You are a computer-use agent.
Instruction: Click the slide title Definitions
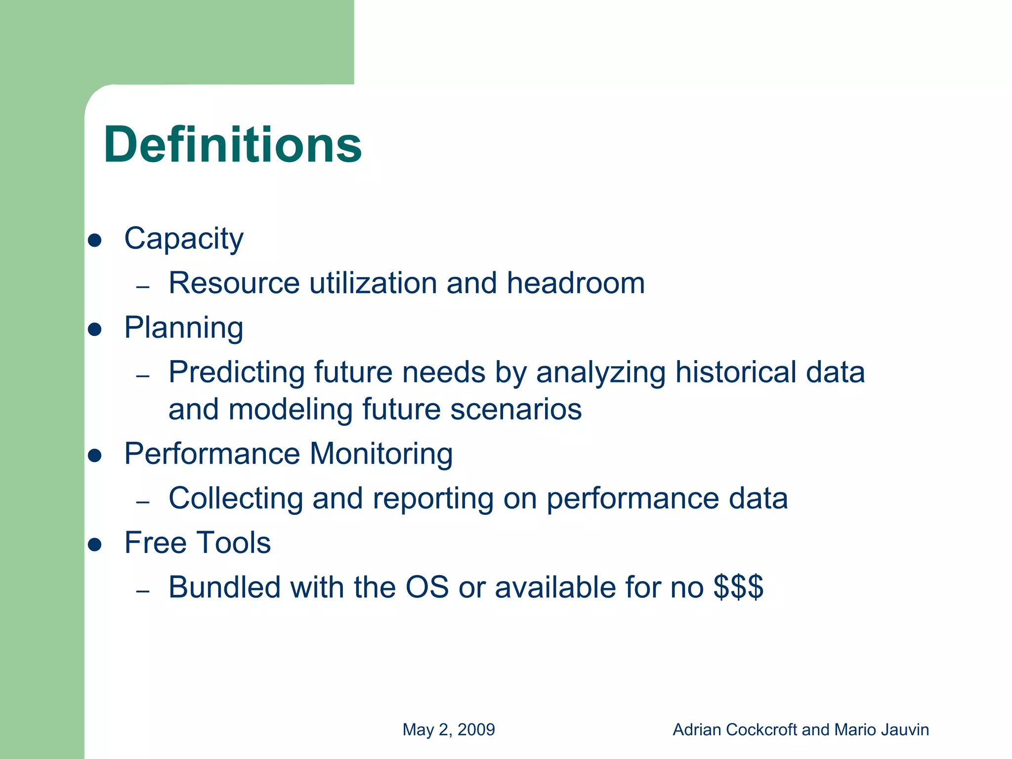[232, 145]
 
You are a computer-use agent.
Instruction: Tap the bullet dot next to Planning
[94, 329]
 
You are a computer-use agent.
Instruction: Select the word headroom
[576, 283]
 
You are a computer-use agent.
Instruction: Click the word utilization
[373, 283]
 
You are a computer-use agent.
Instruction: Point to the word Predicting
[236, 373]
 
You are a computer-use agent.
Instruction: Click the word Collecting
[236, 499]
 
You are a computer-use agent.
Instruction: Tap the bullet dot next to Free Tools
[94, 545]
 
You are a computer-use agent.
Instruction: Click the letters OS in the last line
[427, 587]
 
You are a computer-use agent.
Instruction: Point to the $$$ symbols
[738, 587]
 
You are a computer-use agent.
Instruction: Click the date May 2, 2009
[448, 730]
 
